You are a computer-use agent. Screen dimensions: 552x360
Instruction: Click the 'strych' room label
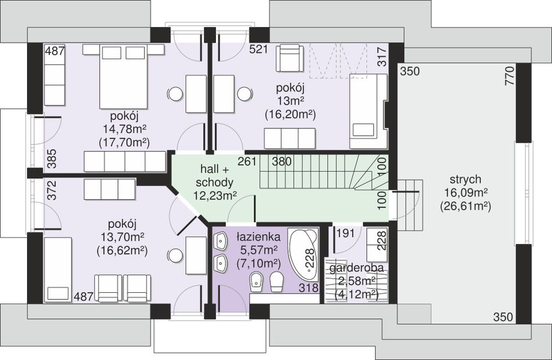[465, 179]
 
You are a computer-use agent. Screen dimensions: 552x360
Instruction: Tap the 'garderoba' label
[356, 268]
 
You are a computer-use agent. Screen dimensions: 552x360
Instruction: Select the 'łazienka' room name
[259, 236]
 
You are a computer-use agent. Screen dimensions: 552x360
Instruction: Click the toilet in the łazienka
[277, 281]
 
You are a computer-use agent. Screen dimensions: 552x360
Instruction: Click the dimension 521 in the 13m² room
[259, 49]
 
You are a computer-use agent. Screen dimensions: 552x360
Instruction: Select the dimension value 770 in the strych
[509, 76]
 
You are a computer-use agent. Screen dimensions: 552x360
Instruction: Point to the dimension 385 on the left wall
[52, 158]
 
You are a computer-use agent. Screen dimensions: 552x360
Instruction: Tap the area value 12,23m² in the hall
[214, 196]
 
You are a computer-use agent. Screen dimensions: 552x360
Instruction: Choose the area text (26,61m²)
[465, 206]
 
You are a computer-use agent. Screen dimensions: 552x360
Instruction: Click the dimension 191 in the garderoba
[346, 233]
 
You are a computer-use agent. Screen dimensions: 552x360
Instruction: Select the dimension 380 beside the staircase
[281, 161]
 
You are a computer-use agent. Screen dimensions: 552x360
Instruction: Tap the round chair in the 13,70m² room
[175, 256]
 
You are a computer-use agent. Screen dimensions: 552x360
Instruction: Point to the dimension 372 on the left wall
[52, 190]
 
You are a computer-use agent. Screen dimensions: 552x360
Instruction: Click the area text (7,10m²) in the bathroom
[259, 263]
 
